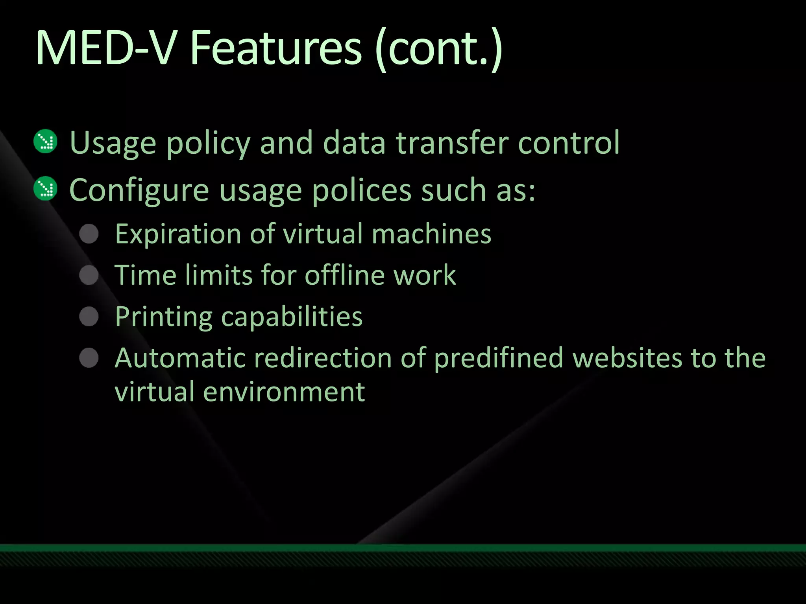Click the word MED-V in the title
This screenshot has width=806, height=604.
point(104,48)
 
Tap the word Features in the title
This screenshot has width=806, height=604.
point(275,48)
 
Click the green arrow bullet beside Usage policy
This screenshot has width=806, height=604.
point(46,141)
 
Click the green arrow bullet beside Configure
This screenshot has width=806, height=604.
point(46,189)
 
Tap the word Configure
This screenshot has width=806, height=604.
point(139,191)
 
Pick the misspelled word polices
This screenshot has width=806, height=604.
point(362,191)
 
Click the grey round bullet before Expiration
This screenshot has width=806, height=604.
point(89,234)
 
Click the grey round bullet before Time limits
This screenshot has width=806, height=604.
point(89,275)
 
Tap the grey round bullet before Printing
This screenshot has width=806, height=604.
point(89,316)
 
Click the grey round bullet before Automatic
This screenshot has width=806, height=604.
point(89,357)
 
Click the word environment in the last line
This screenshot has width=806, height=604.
point(284,392)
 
